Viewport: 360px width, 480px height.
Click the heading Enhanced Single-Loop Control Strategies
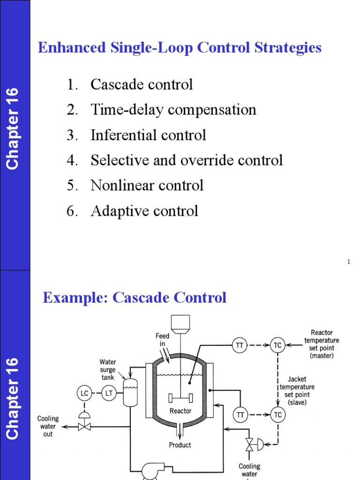click(180, 48)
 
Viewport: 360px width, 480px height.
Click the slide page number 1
click(349, 262)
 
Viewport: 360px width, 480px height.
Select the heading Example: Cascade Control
click(135, 298)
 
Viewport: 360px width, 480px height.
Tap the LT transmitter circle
click(109, 393)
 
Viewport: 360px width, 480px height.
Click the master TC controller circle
click(277, 345)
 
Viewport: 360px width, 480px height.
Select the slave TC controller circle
click(277, 414)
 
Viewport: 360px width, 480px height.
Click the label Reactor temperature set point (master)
click(321, 344)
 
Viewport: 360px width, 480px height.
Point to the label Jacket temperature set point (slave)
click(297, 390)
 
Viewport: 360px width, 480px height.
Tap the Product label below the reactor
click(180, 445)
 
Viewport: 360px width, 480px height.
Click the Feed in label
click(163, 340)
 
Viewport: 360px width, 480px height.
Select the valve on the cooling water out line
click(85, 427)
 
